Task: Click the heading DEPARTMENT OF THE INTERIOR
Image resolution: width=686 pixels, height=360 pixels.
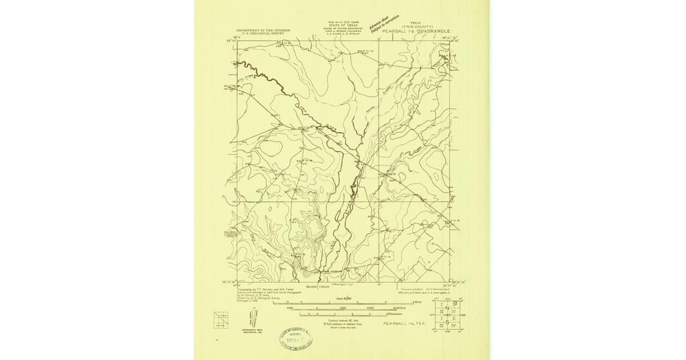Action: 264,30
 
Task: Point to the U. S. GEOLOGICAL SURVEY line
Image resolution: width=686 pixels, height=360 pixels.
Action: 264,33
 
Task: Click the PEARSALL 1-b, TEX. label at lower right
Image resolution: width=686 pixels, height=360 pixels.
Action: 404,323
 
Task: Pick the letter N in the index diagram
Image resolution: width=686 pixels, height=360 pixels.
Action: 447,309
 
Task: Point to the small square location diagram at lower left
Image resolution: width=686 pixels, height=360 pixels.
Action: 221,319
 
